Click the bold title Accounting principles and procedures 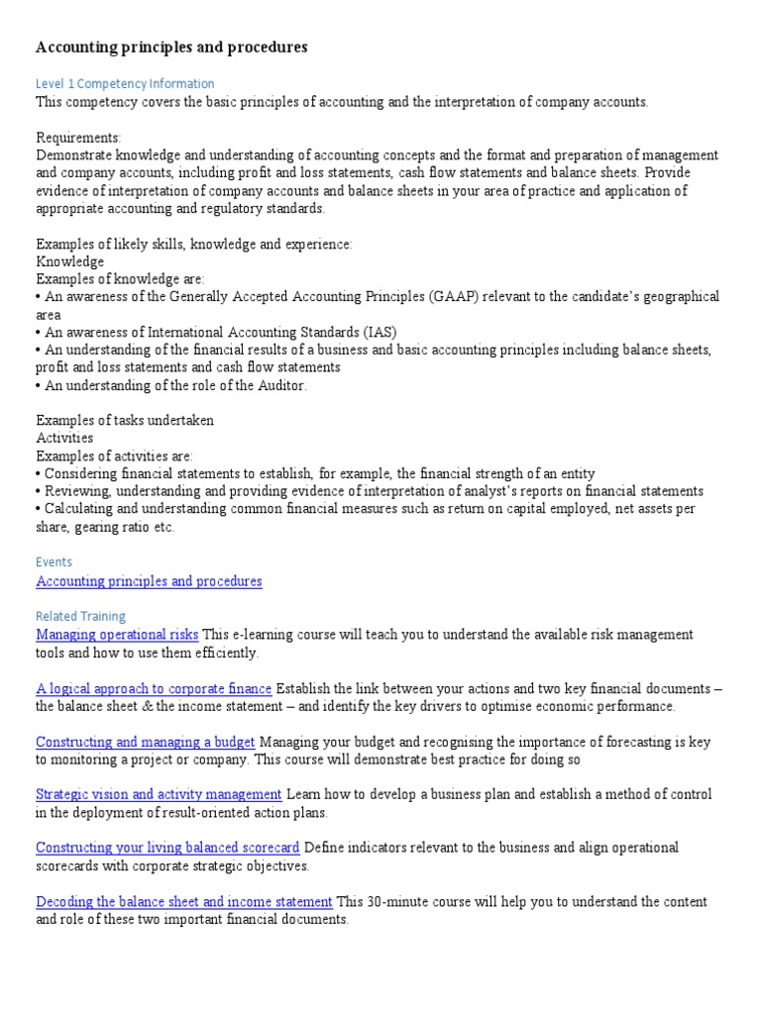171,48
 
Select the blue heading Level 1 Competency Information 125,84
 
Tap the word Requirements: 78,138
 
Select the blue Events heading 54,562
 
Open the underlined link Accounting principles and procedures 149,581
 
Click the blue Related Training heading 80,616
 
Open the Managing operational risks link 117,635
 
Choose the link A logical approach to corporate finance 154,688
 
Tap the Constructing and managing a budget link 145,742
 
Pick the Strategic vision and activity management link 159,795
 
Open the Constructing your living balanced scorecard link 167,849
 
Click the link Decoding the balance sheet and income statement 183,902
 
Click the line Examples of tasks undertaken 125,421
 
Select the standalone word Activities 64,438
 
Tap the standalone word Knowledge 69,261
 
